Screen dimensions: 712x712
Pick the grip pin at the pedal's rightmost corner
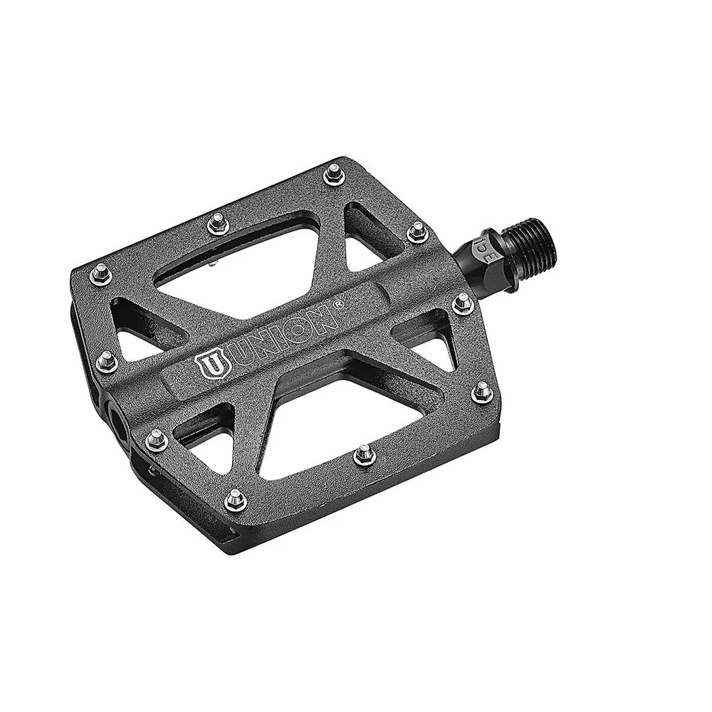[x=482, y=388]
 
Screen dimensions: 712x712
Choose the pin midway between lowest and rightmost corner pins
[x=364, y=450]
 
